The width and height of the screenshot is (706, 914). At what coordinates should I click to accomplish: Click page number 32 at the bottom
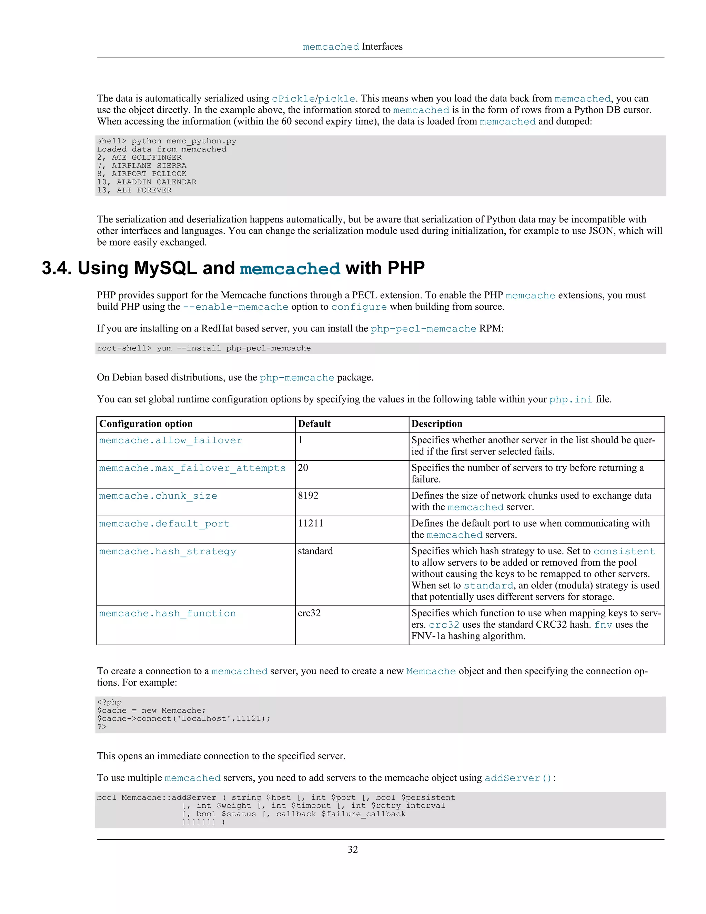point(353,849)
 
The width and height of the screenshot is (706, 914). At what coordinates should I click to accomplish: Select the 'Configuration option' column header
point(146,424)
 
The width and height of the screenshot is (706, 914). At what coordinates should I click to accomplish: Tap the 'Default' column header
point(314,424)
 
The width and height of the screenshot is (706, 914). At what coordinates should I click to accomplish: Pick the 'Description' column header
point(437,424)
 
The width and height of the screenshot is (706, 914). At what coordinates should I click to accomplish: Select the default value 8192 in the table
point(308,496)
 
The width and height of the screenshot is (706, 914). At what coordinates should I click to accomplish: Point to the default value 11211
point(310,524)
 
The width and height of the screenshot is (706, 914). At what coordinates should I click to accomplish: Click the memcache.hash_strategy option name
point(167,552)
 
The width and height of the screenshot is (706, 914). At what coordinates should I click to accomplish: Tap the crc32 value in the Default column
point(309,613)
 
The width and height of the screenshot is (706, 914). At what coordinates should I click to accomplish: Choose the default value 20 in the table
point(303,468)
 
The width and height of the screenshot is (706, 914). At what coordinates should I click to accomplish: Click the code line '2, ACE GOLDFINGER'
point(139,157)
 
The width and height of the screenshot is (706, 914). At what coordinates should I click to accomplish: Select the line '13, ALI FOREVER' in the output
point(134,190)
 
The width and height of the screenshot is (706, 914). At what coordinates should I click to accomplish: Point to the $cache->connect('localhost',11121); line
point(184,718)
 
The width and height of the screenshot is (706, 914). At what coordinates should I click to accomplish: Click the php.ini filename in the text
point(571,399)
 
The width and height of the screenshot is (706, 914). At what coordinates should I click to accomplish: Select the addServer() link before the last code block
point(518,778)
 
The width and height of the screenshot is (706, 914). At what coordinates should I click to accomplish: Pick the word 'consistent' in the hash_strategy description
point(624,552)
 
